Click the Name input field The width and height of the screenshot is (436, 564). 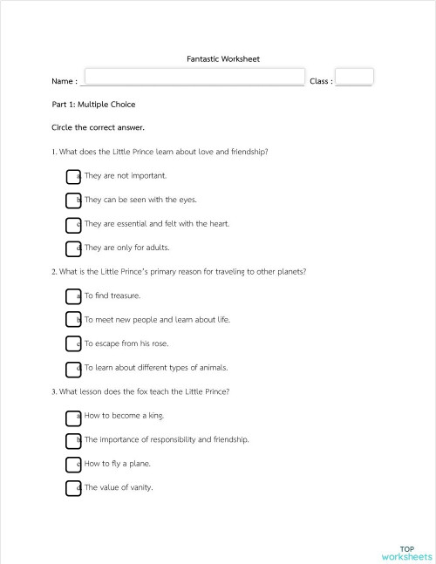click(194, 78)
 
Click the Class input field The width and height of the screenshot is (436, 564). click(354, 77)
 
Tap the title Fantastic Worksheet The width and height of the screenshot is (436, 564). click(223, 59)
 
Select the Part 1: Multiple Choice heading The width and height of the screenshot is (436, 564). click(93, 105)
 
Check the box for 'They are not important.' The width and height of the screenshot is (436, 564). click(73, 176)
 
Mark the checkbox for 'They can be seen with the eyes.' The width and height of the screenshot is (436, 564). click(73, 200)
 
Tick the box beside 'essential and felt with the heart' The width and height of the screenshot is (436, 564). click(73, 225)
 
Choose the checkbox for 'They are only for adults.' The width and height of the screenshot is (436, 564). click(73, 248)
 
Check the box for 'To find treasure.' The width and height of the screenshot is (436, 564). click(73, 296)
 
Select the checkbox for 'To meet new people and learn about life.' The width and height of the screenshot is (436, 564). click(73, 321)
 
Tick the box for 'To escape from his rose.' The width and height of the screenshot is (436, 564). click(73, 344)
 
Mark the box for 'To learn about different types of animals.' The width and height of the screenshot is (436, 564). click(73, 369)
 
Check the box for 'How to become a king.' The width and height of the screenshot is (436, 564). click(73, 417)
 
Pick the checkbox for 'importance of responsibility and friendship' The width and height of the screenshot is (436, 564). click(73, 440)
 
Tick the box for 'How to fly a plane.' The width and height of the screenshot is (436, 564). click(73, 465)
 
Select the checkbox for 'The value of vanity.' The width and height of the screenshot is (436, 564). click(73, 488)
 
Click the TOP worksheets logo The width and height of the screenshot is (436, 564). click(406, 554)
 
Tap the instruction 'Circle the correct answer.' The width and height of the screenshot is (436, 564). click(98, 128)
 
